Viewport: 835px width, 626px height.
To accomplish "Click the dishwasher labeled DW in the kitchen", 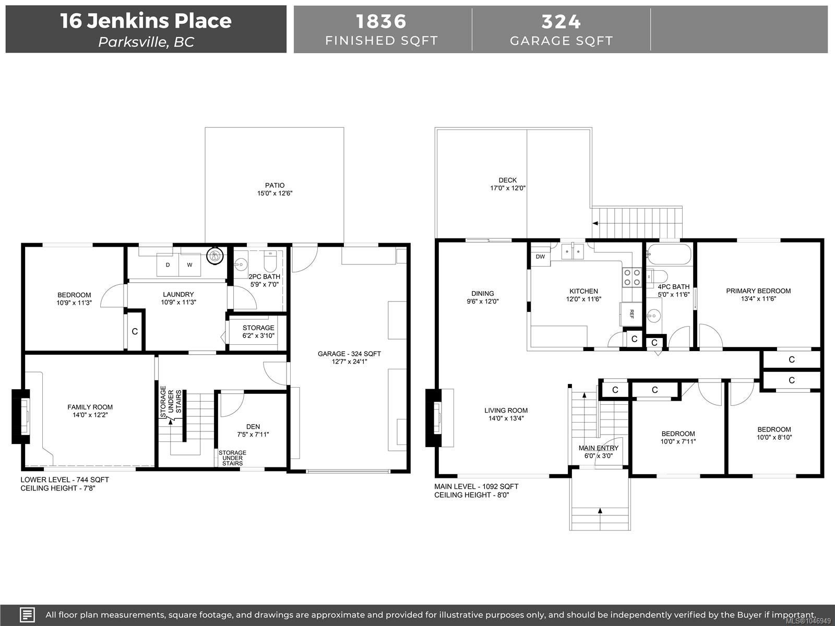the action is point(540,257).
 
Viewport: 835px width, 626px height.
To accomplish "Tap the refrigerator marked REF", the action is point(631,314).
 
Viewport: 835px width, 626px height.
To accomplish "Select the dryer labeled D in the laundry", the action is point(168,265).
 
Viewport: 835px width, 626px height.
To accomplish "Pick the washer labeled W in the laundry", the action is point(189,265).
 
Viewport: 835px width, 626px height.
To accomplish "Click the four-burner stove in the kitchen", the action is point(631,277).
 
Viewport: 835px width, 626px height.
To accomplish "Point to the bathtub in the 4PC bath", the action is point(669,254).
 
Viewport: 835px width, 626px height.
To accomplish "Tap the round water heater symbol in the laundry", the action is point(215,256).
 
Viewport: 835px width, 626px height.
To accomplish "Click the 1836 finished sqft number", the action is point(381,21).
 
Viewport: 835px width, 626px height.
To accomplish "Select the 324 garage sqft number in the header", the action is point(561,22).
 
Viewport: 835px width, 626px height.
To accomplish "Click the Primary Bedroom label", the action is point(758,291).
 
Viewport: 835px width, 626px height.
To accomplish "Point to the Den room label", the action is point(253,426).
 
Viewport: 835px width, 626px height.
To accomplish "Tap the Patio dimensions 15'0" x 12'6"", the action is point(275,193).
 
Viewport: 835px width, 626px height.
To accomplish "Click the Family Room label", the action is point(90,407).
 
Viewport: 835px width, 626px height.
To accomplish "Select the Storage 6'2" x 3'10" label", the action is point(258,331).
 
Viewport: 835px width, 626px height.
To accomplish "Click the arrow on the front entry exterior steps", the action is point(600,511).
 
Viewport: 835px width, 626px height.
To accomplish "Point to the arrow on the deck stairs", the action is point(595,223).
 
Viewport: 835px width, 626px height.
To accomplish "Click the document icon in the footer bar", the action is point(27,615).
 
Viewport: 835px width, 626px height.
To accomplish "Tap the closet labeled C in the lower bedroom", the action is point(135,331).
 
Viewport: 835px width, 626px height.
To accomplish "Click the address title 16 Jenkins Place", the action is point(146,20).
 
